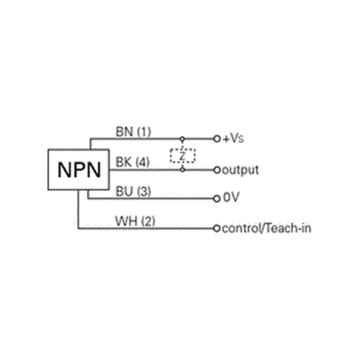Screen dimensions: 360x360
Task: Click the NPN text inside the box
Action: click(x=79, y=170)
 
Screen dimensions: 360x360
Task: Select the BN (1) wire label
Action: click(x=133, y=132)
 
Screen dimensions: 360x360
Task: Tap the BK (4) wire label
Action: click(x=133, y=162)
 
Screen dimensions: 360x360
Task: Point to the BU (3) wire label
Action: click(x=133, y=191)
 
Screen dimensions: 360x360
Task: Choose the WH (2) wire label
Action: click(x=135, y=221)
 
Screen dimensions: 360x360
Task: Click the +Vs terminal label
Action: click(x=233, y=139)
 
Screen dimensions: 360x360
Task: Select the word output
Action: click(x=240, y=171)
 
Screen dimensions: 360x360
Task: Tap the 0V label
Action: click(x=231, y=197)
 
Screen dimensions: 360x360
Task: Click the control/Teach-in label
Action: click(x=266, y=229)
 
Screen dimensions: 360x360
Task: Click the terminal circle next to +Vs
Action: click(x=217, y=139)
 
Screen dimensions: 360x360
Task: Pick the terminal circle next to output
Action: click(x=217, y=170)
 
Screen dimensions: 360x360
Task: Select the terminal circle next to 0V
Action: click(x=217, y=198)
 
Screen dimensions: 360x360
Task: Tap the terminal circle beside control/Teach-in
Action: click(x=216, y=229)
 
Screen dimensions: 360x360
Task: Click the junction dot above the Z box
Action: click(x=182, y=139)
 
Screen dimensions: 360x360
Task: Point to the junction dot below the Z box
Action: click(x=182, y=170)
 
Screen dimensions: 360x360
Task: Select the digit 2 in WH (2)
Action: click(x=148, y=221)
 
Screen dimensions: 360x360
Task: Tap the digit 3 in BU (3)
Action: click(x=144, y=191)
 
